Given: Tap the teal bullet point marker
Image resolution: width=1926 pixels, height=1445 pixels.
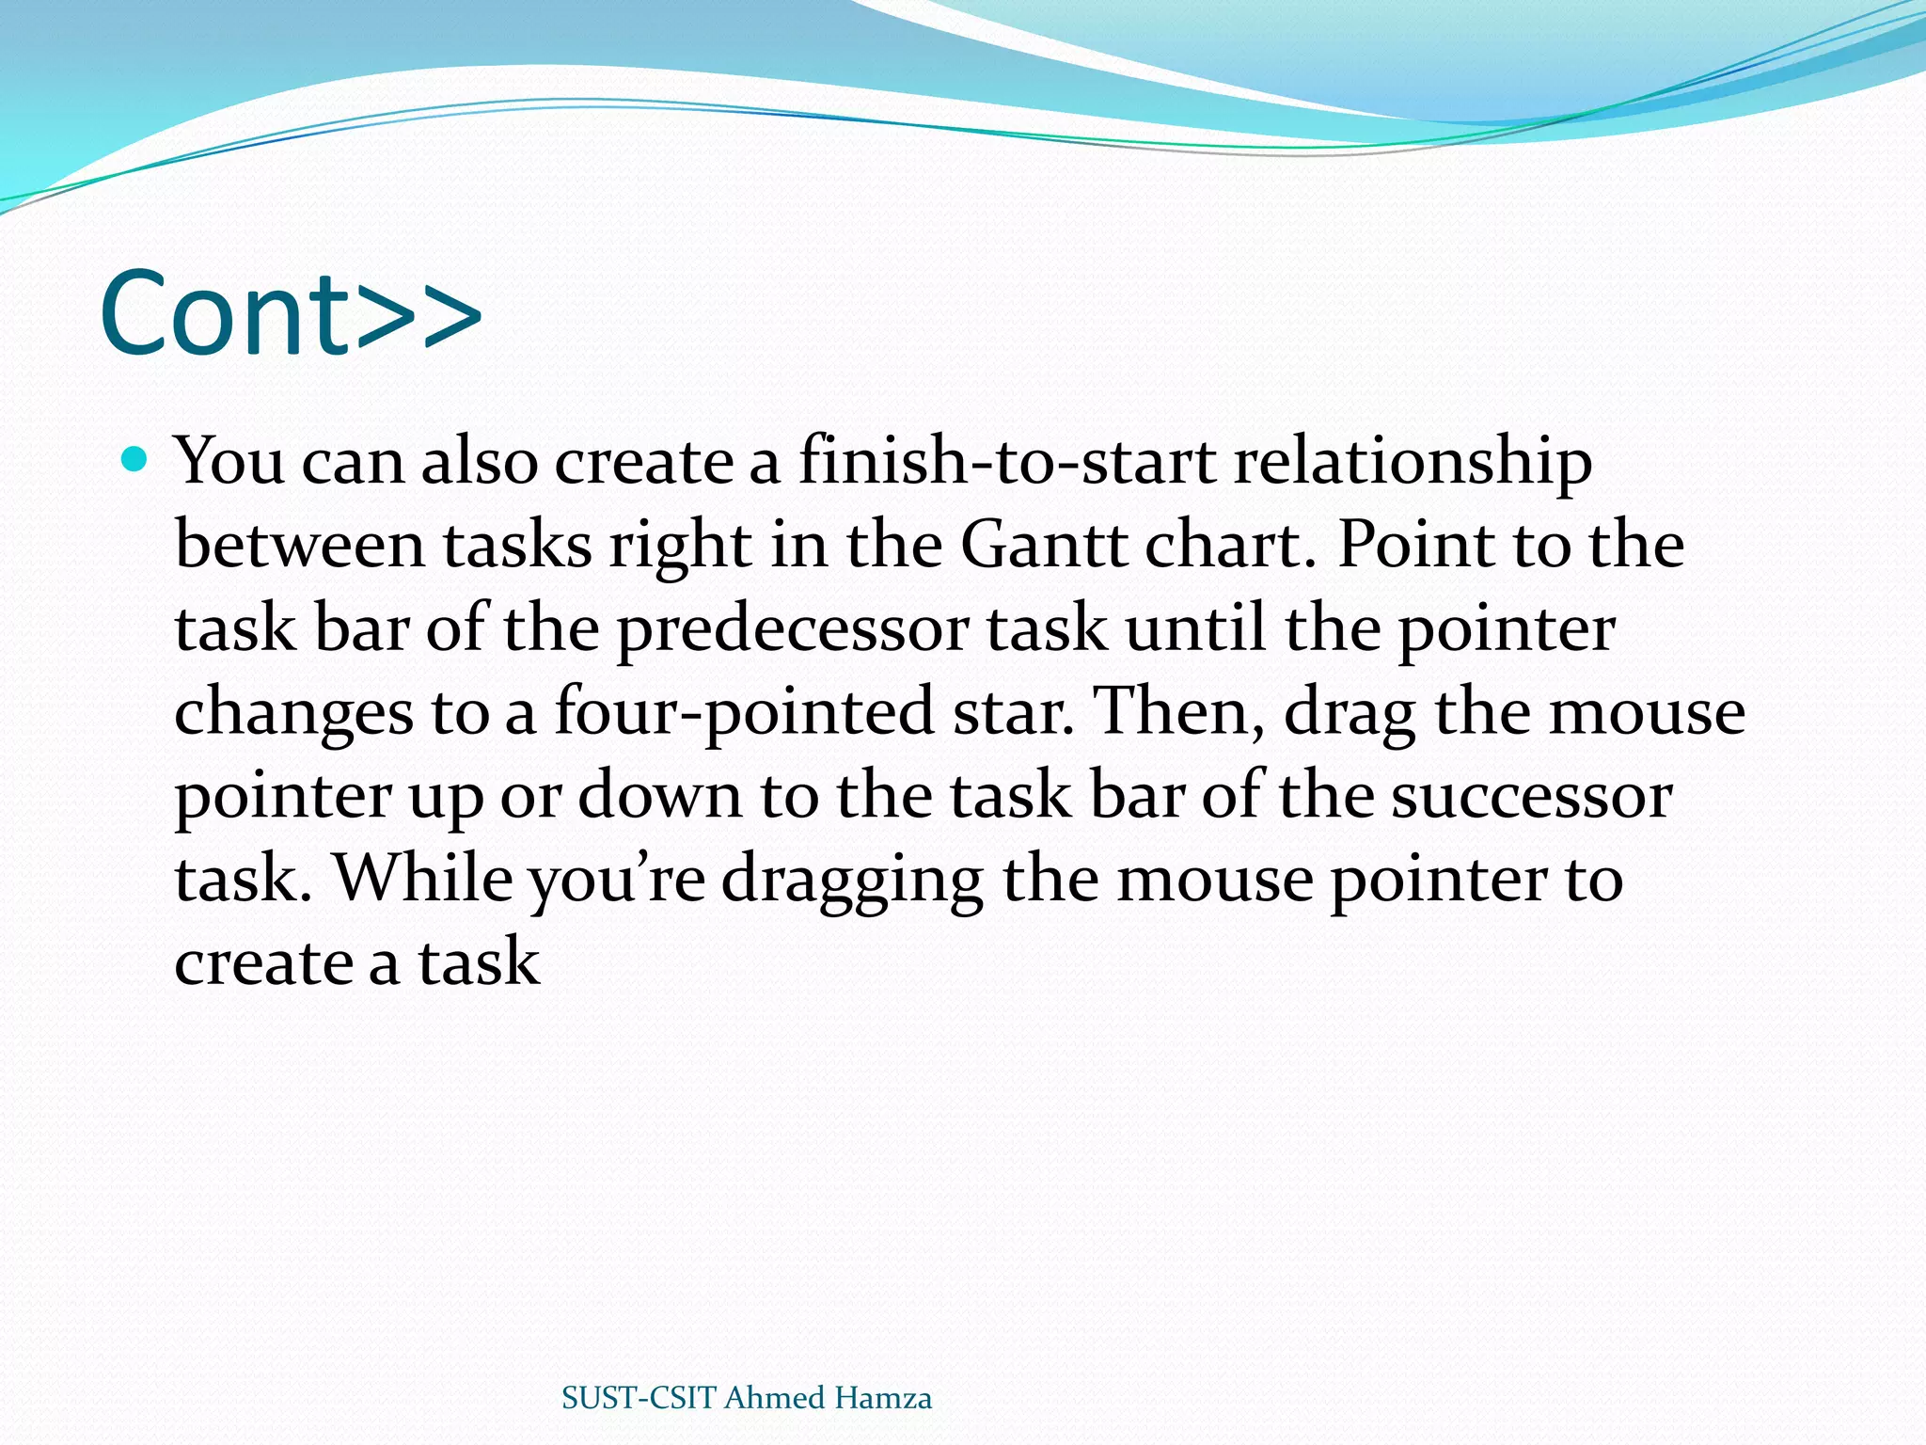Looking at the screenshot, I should coord(135,460).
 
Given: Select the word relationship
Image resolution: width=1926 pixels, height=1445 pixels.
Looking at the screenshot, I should coord(1413,463).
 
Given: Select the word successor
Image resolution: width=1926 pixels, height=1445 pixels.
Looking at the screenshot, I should coord(1531,796).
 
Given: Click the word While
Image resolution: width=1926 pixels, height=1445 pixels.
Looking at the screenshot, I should coord(423,878).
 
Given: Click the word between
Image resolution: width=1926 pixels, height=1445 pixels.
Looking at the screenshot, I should coord(300,545).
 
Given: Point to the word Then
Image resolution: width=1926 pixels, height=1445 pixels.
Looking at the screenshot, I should coord(1179,711).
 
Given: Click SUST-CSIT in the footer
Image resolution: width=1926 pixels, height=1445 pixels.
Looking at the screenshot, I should coord(639,1398).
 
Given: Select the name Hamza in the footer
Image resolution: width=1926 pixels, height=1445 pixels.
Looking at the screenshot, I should coord(882,1398).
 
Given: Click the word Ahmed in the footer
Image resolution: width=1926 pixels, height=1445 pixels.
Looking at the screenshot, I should coord(775,1398).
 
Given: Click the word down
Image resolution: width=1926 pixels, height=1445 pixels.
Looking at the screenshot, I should coord(659,796).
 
